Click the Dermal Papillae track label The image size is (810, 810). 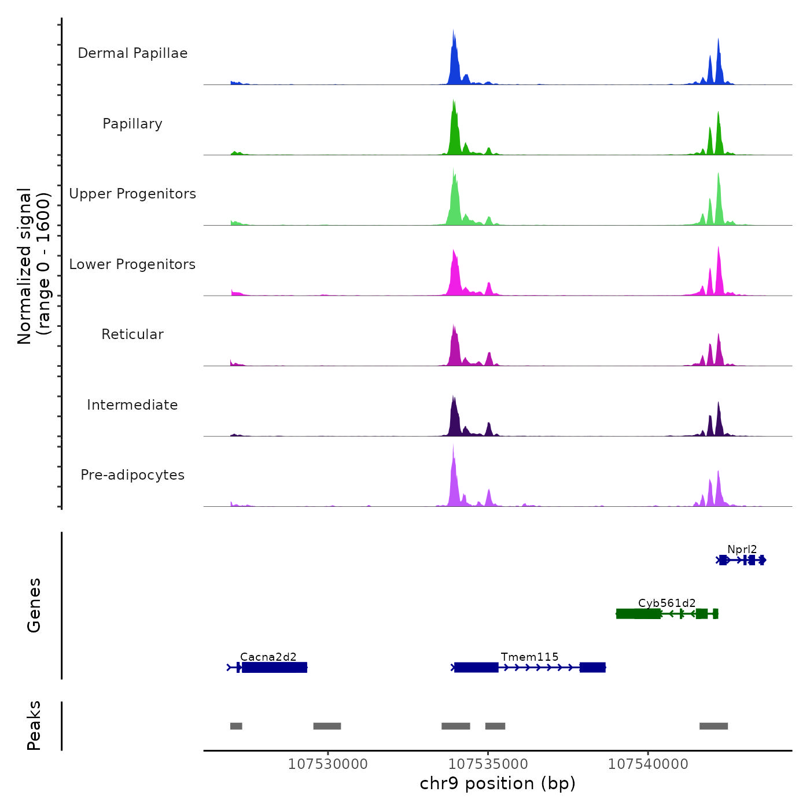(132, 53)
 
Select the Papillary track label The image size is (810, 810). (132, 124)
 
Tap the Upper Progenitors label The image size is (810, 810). (132, 194)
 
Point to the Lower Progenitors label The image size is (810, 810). (132, 264)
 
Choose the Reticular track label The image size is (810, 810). (132, 334)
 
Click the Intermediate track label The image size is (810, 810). (132, 405)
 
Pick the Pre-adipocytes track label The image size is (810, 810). (132, 475)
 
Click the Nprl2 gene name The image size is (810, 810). (742, 550)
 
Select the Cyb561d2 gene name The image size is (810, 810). (667, 603)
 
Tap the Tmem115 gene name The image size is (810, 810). (529, 657)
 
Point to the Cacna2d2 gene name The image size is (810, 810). (268, 657)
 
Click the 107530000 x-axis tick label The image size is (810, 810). (327, 764)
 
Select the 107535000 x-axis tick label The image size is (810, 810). (488, 764)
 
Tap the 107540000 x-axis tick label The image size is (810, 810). (648, 764)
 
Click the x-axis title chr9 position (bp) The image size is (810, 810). (498, 783)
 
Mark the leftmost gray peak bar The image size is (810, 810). (236, 726)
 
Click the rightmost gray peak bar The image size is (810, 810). (713, 726)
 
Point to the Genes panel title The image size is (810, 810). (34, 605)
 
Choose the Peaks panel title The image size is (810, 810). (34, 726)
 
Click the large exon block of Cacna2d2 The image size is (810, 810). (274, 668)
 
